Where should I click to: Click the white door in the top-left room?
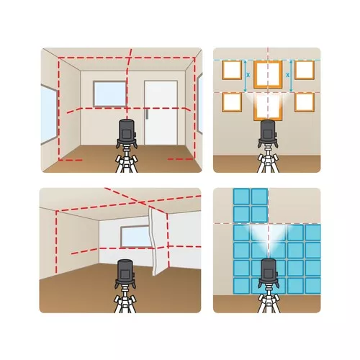point(161,113)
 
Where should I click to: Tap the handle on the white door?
point(147,114)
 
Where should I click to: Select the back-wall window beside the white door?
point(109,94)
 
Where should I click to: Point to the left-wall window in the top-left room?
point(49,114)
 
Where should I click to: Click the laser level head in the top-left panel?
point(127,133)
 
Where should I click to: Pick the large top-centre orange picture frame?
point(268,74)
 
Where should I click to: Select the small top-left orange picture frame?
point(232,70)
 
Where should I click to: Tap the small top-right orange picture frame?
point(305,70)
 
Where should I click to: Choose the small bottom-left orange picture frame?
point(232,102)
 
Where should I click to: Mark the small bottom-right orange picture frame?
point(305,102)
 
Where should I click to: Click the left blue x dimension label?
point(248,75)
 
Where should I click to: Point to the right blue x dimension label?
point(288,75)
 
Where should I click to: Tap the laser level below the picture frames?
point(268,134)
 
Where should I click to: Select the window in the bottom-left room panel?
point(136,237)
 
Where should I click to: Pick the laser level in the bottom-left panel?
point(125,274)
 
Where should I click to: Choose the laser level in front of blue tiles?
point(268,274)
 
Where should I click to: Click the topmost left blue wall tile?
point(241,197)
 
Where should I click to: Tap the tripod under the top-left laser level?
point(127,161)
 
